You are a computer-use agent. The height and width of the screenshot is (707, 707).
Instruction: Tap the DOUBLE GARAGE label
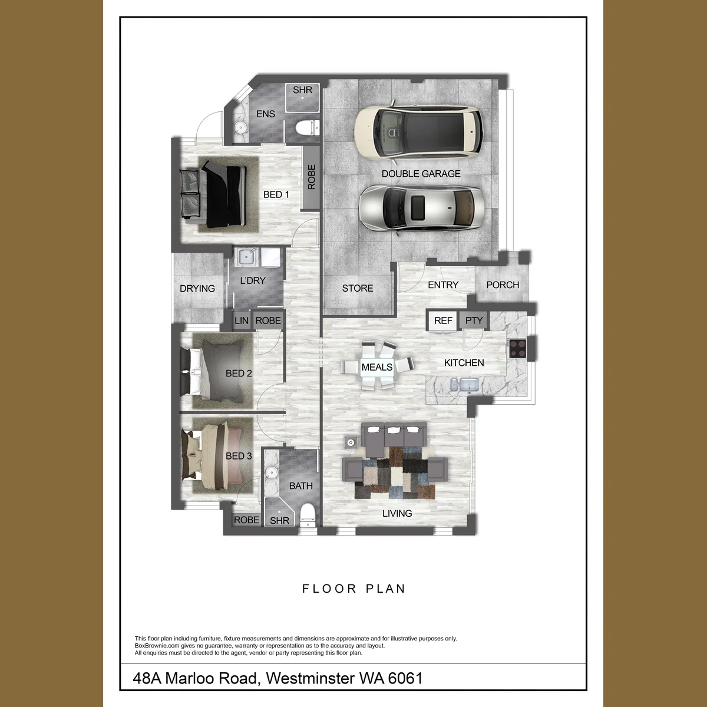[421, 174]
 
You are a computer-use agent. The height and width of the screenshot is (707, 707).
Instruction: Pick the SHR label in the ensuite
[302, 90]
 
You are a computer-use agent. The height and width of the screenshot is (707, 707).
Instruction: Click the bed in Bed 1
[213, 195]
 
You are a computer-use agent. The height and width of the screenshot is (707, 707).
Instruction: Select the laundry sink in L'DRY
[246, 257]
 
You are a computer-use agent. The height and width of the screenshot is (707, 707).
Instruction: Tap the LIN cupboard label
[242, 321]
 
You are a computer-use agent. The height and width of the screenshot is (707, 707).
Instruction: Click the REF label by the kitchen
[443, 321]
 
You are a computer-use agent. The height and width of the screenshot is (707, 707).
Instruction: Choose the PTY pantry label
[474, 321]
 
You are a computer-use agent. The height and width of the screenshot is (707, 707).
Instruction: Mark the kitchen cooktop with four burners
[518, 348]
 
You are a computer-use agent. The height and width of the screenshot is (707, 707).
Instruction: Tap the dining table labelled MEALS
[377, 366]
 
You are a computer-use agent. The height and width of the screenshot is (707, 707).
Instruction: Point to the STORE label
[358, 288]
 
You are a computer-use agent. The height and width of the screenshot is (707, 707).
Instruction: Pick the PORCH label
[503, 285]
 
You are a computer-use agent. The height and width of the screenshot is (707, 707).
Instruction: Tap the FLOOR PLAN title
[353, 589]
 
